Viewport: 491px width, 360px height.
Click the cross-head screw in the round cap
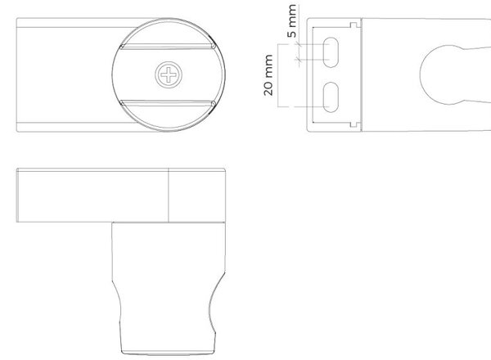coord(169,74)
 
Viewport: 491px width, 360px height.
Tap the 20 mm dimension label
coord(268,75)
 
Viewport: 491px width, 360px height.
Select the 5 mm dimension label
coord(292,21)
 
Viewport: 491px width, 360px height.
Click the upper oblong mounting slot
coord(331,52)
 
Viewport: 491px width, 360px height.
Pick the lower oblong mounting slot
coord(331,97)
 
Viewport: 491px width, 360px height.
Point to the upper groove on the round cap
coord(168,47)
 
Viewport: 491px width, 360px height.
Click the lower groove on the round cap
coord(168,103)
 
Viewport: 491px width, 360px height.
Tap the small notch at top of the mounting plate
coord(354,25)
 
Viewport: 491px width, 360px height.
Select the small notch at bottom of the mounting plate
coord(354,124)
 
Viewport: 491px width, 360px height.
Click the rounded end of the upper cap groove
coord(214,47)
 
